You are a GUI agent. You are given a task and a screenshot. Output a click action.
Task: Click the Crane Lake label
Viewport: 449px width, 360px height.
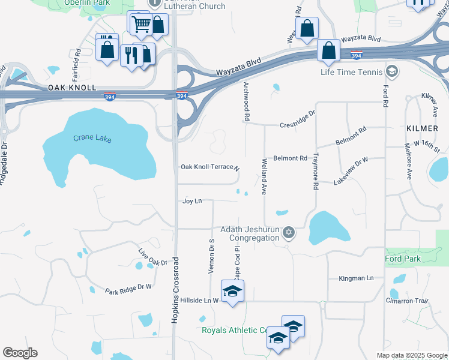(92, 139)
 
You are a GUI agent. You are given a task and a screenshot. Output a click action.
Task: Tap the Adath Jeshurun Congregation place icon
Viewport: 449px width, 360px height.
(289, 232)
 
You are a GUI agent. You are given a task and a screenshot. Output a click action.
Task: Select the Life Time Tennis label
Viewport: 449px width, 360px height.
(351, 73)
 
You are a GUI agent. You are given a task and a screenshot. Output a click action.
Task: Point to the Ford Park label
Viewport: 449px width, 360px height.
(403, 259)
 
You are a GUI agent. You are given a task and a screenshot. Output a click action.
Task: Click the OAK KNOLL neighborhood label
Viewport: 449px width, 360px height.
(71, 88)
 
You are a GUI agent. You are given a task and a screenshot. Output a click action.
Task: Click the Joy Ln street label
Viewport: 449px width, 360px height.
(192, 201)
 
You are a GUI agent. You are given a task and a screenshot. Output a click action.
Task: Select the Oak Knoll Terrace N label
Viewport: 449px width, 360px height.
(210, 167)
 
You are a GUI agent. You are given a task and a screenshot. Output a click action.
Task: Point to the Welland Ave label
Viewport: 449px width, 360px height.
(264, 176)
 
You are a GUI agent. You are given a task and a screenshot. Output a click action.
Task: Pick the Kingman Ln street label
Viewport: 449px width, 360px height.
(356, 278)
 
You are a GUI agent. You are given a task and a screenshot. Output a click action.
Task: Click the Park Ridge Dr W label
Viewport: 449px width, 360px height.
(128, 289)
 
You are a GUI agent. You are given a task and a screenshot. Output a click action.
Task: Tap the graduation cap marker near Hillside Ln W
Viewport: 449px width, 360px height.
(232, 291)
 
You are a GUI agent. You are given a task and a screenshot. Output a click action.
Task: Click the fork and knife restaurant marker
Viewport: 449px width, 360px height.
(131, 55)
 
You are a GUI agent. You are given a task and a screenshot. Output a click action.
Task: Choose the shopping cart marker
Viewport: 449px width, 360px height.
(140, 24)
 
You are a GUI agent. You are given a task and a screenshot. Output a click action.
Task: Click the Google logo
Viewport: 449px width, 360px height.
(20, 353)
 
